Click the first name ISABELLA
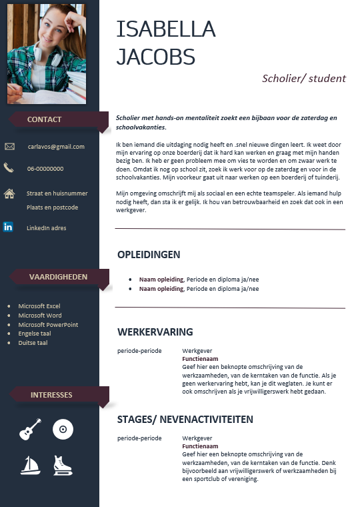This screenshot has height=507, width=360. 166,29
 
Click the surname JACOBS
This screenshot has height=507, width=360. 155,57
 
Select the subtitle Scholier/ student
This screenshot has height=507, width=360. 304,78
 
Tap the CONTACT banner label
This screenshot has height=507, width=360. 44,119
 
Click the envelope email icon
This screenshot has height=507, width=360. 9,147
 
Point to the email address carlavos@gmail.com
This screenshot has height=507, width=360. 56,147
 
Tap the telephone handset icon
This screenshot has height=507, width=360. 9,168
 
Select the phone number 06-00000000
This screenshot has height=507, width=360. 45,169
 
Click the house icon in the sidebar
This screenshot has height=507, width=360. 9,194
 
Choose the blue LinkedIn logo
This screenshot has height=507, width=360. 8,227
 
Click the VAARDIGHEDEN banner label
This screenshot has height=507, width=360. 59,277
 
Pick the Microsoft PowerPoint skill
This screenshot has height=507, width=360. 48,325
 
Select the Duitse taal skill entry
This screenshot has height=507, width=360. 33,343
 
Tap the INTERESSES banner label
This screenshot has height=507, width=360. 51,395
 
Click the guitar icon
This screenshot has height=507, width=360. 30,430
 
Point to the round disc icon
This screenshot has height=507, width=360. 63,429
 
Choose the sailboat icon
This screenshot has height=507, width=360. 30,464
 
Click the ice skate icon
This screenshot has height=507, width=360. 63,465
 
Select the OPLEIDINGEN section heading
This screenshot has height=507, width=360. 149,255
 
